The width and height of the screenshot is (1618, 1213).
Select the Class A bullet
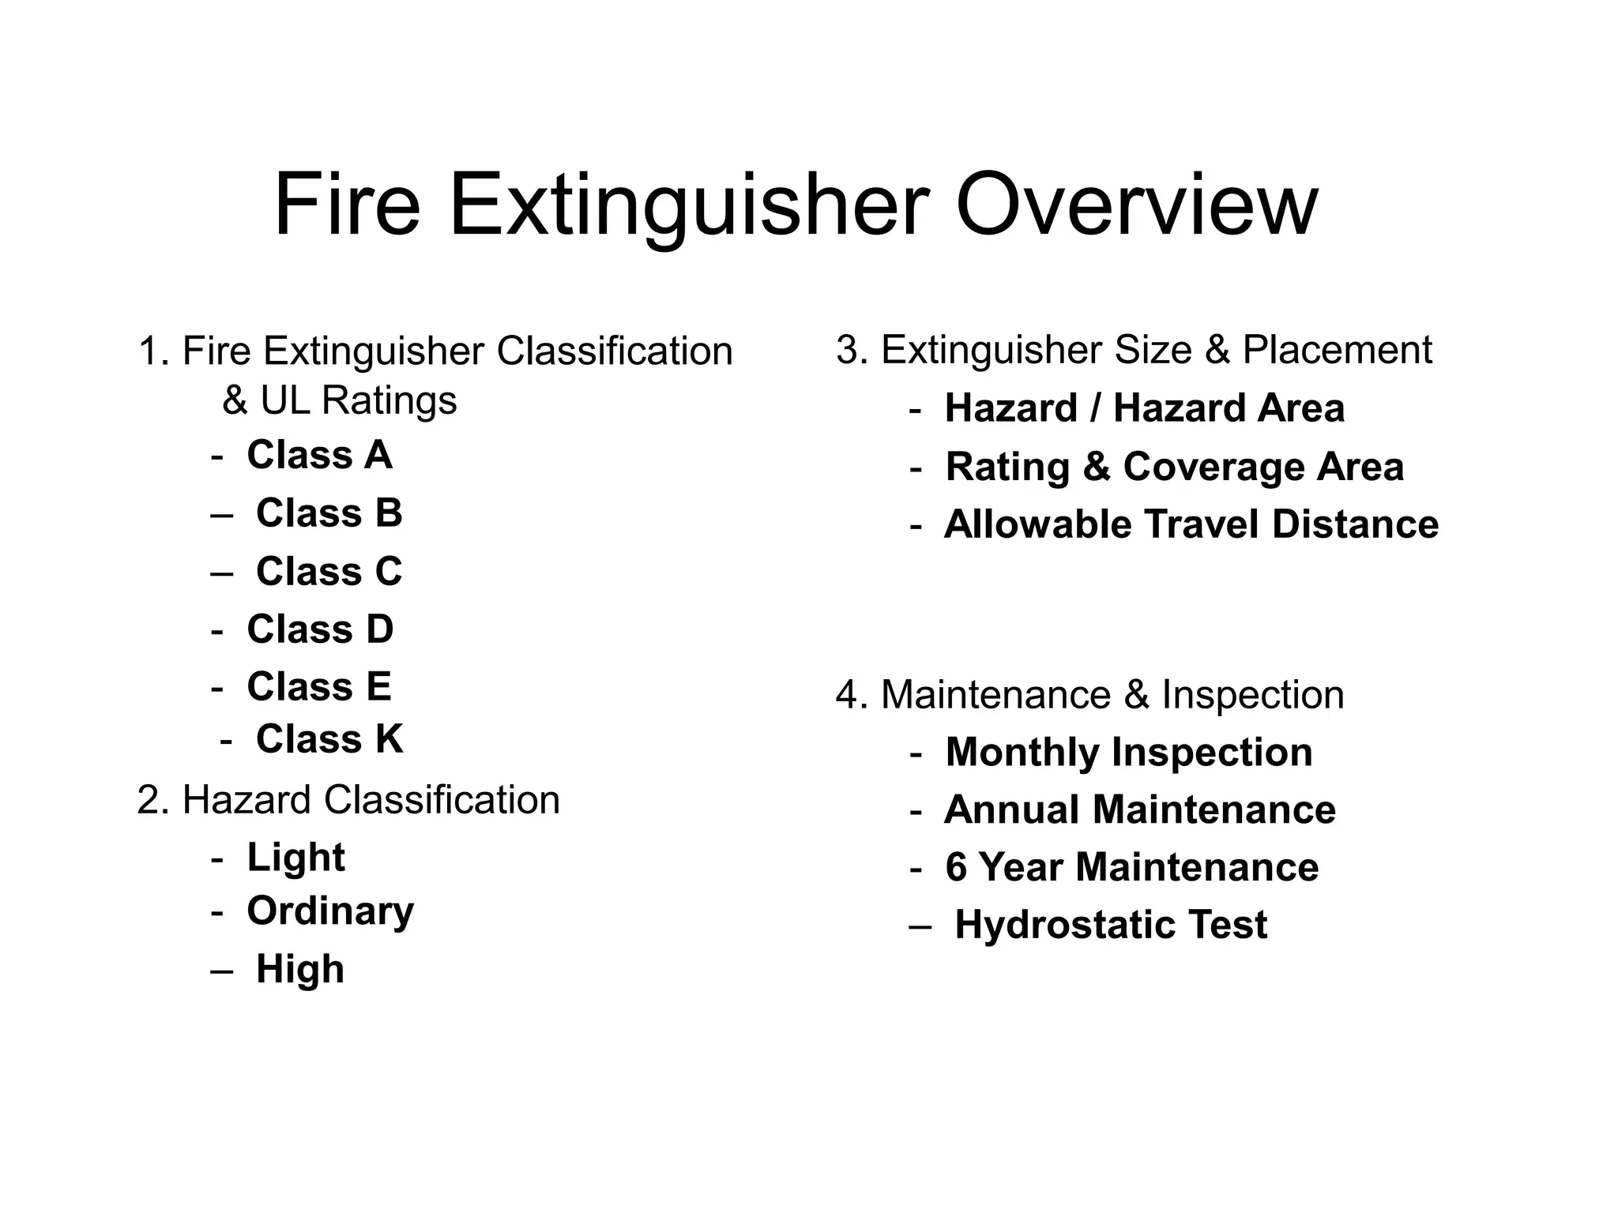319,455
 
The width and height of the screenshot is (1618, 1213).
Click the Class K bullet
329,739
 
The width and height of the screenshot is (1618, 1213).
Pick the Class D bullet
320,629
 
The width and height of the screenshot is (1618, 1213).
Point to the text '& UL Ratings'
340,400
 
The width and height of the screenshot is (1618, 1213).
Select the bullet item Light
295,858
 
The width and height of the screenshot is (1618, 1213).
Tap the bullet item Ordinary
330,911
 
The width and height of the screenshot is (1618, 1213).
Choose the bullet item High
300,969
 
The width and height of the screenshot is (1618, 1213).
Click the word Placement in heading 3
1337,350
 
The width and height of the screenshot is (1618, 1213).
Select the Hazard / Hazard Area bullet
1144,408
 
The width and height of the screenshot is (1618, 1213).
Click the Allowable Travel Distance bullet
1191,524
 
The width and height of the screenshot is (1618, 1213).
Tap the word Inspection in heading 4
1252,695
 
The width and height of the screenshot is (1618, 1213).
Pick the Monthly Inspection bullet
1128,752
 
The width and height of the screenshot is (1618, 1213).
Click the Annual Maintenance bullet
1139,809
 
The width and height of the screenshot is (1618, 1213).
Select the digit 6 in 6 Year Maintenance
956,867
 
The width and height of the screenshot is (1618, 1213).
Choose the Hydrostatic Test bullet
1111,925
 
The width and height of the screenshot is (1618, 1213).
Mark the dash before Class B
222,514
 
